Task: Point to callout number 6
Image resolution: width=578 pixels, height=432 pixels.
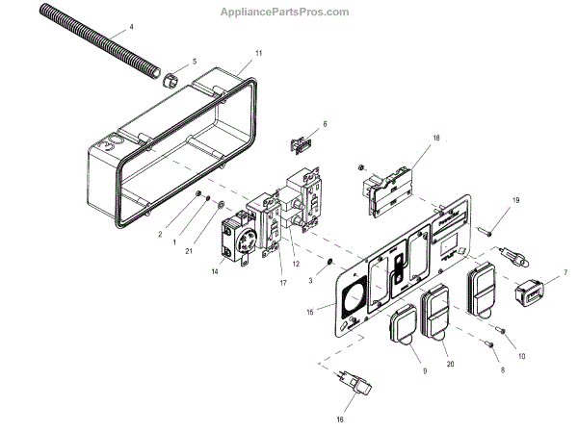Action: coord(325,124)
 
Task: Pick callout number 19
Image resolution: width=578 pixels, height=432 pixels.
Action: coord(514,200)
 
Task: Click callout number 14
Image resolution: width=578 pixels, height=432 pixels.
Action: coord(214,272)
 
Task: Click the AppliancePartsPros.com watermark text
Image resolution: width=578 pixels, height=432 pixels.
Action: coord(295,12)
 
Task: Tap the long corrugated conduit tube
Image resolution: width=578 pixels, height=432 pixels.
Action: coord(87,47)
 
